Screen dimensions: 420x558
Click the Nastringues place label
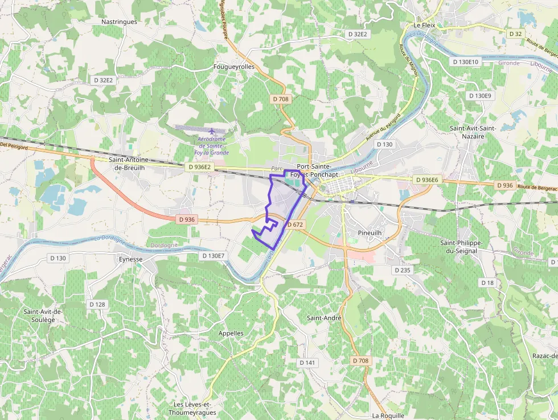pos(119,22)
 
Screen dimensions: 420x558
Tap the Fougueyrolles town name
pos(233,67)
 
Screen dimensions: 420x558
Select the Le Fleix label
pos(425,25)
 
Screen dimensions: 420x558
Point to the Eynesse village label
pos(131,259)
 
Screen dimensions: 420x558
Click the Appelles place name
pos(231,333)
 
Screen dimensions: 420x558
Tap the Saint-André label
pos(324,317)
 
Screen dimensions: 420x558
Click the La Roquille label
pos(388,415)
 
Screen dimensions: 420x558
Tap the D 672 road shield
pos(296,225)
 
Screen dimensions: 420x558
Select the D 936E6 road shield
pos(427,180)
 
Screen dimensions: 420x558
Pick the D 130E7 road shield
pos(214,256)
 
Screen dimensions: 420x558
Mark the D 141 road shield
pos(307,362)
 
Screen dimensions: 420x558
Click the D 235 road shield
pos(402,270)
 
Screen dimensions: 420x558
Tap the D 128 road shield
pos(97,304)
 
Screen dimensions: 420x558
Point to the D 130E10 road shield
pos(466,62)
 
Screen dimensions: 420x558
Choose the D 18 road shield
pos(487,283)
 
